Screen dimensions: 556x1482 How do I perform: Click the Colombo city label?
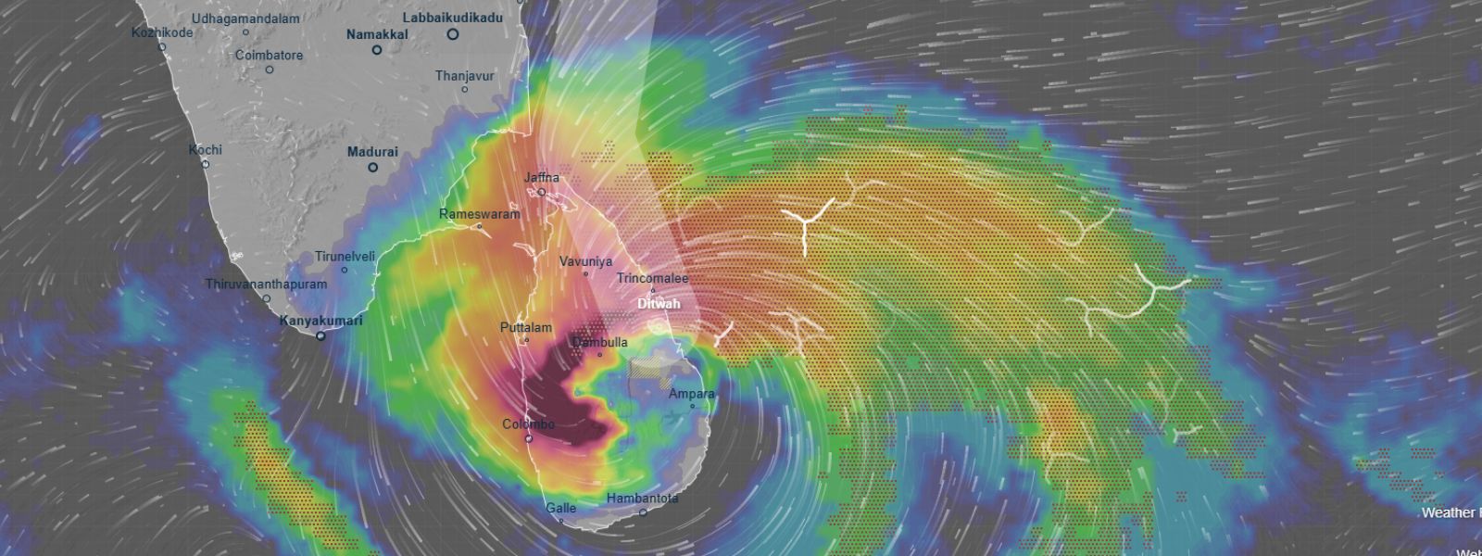[x=528, y=424]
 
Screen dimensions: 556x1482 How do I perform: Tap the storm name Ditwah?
[x=659, y=304]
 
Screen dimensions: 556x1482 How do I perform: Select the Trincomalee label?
[x=652, y=278]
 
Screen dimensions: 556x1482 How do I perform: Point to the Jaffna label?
[x=542, y=177]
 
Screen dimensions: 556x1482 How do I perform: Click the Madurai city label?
[x=372, y=152]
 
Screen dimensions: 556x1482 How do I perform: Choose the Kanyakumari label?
[x=321, y=321]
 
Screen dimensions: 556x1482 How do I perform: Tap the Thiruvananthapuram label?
[x=266, y=284]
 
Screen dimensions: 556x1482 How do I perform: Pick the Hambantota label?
[x=642, y=498]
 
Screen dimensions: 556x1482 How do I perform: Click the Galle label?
[x=560, y=508]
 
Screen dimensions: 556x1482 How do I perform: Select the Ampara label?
[x=692, y=394]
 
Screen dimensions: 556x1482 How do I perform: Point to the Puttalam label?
[x=526, y=327]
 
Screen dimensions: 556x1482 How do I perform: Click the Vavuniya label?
[x=585, y=261]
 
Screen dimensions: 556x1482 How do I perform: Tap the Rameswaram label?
[x=480, y=214]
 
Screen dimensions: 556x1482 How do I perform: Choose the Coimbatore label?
[x=269, y=56]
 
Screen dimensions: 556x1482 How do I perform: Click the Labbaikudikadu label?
[x=453, y=18]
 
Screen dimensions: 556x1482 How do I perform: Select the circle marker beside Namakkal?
[x=377, y=50]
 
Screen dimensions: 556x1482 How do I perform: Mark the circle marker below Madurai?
[x=372, y=168]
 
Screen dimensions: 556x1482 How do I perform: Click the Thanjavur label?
[x=465, y=76]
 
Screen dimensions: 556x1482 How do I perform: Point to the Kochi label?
[x=206, y=149]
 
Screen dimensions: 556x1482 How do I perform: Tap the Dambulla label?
[x=599, y=342]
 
